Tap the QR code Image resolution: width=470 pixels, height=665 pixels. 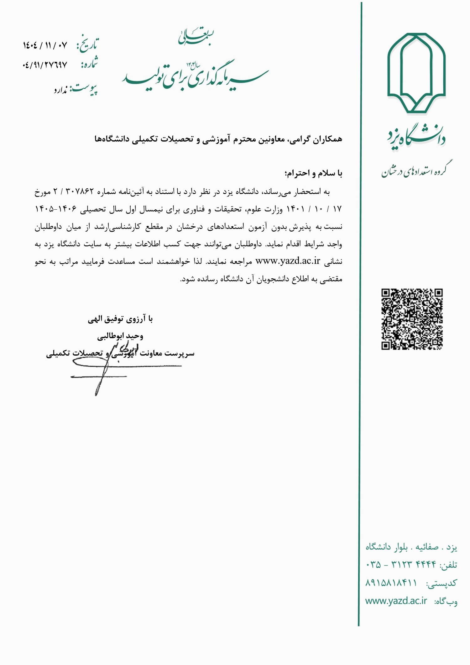(412, 319)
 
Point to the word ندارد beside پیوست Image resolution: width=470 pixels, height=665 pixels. (60, 90)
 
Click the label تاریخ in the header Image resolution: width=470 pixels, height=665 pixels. (88, 45)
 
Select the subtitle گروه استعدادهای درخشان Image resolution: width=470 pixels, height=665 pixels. (417, 170)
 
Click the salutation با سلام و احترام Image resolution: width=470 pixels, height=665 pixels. (313, 173)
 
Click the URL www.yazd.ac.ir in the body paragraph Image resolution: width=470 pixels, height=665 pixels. (288, 261)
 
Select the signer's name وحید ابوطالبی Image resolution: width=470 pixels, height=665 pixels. (120, 336)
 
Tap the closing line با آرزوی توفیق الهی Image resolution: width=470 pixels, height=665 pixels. (120, 319)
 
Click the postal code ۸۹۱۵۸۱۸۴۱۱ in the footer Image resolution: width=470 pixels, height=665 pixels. (391, 583)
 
